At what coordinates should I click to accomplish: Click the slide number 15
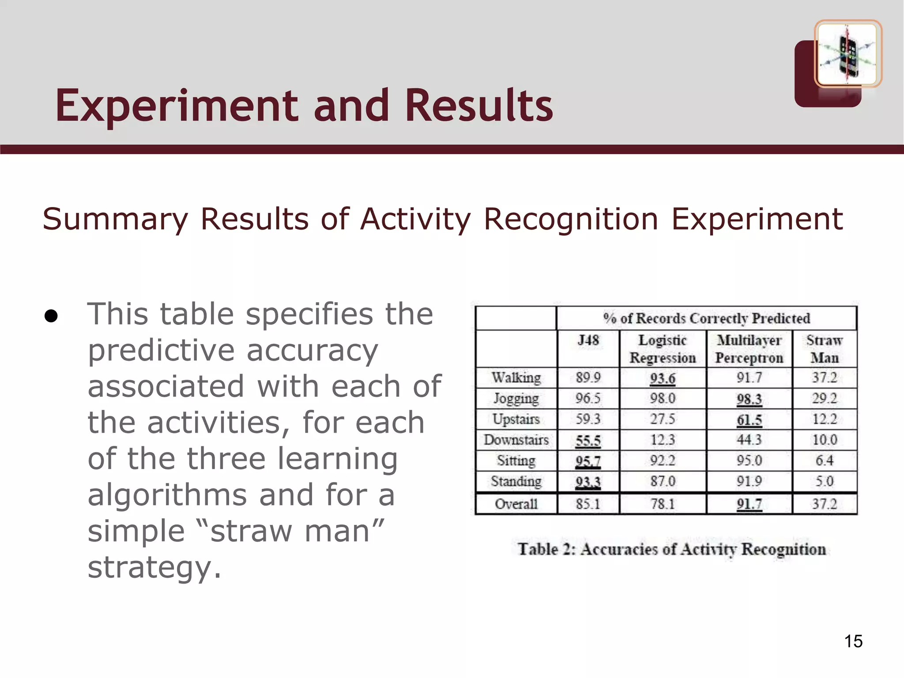tap(853, 641)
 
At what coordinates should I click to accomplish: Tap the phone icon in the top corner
tap(847, 53)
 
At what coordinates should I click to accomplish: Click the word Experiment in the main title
tap(177, 106)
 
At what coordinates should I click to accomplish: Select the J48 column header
tap(588, 340)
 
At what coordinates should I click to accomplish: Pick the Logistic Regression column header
tap(663, 349)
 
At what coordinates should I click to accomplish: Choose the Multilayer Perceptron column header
tap(749, 349)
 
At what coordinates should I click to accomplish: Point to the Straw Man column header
tap(824, 349)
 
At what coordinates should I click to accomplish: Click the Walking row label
tap(516, 378)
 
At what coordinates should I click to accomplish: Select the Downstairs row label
tap(516, 440)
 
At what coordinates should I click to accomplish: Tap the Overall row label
tap(516, 504)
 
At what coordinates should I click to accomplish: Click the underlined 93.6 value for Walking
tap(663, 378)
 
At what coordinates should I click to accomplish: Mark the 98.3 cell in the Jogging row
tap(749, 399)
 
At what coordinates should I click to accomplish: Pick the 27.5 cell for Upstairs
tap(663, 419)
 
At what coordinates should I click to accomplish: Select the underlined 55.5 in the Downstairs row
tap(588, 440)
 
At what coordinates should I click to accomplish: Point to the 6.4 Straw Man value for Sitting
tap(824, 460)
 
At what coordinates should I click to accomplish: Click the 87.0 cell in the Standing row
tap(663, 481)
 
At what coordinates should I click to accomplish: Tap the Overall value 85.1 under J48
tap(588, 504)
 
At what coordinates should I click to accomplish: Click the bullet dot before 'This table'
tap(51, 316)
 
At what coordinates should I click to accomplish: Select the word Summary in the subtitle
tap(115, 219)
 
